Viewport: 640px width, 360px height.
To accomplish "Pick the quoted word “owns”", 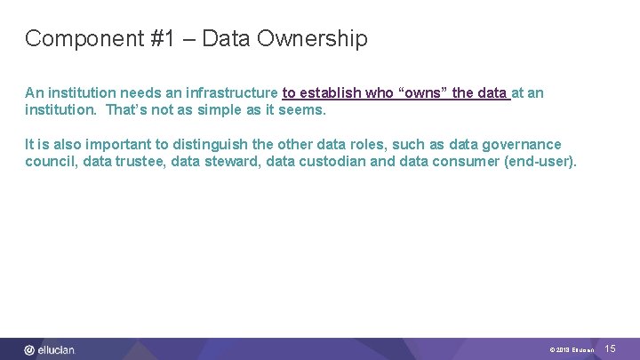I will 424,92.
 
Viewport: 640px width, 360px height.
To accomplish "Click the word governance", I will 522,144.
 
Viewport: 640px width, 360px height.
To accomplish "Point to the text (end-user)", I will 543,162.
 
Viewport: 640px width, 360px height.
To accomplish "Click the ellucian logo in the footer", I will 50,349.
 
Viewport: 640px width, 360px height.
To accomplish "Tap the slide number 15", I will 611,349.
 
